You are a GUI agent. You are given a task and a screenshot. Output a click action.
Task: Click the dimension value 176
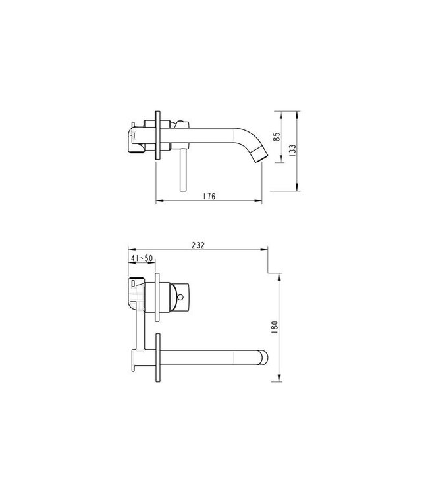209,196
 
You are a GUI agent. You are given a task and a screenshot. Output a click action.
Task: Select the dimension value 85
277,137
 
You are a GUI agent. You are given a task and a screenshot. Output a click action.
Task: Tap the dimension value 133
292,149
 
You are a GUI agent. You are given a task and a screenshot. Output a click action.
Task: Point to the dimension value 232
198,245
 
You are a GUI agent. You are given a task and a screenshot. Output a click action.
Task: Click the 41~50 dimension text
142,259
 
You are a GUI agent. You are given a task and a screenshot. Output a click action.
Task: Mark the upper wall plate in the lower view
157,296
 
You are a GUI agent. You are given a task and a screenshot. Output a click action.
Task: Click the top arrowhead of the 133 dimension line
298,112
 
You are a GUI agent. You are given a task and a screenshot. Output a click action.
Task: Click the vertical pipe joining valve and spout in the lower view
141,329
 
